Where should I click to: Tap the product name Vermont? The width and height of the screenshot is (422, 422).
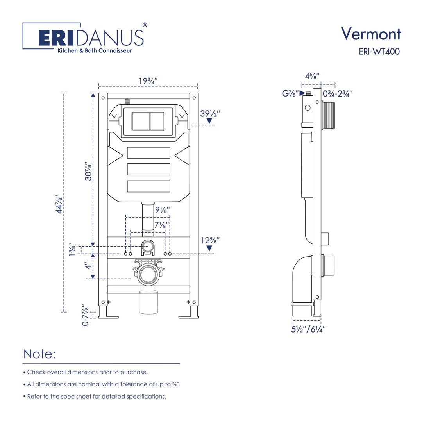(370, 34)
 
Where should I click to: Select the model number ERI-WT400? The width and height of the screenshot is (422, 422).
(379, 52)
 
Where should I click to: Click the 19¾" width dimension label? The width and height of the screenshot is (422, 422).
(148, 81)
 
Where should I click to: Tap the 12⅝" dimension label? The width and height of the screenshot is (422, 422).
(210, 240)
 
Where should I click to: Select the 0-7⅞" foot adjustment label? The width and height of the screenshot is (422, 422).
(86, 315)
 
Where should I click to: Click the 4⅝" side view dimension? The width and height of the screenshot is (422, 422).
(312, 76)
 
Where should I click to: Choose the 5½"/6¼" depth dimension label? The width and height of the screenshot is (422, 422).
(308, 329)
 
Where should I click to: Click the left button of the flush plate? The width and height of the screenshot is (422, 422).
(140, 121)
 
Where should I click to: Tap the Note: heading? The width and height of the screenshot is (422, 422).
(40, 354)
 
